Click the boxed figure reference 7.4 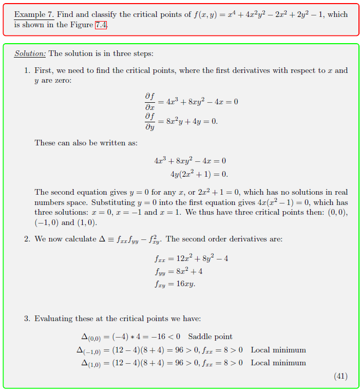(101, 25)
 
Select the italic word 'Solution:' (30, 53)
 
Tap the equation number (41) (340, 376)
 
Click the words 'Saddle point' (210, 337)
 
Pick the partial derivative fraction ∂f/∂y (150, 121)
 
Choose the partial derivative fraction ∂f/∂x (150, 101)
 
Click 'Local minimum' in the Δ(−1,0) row (278, 350)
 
